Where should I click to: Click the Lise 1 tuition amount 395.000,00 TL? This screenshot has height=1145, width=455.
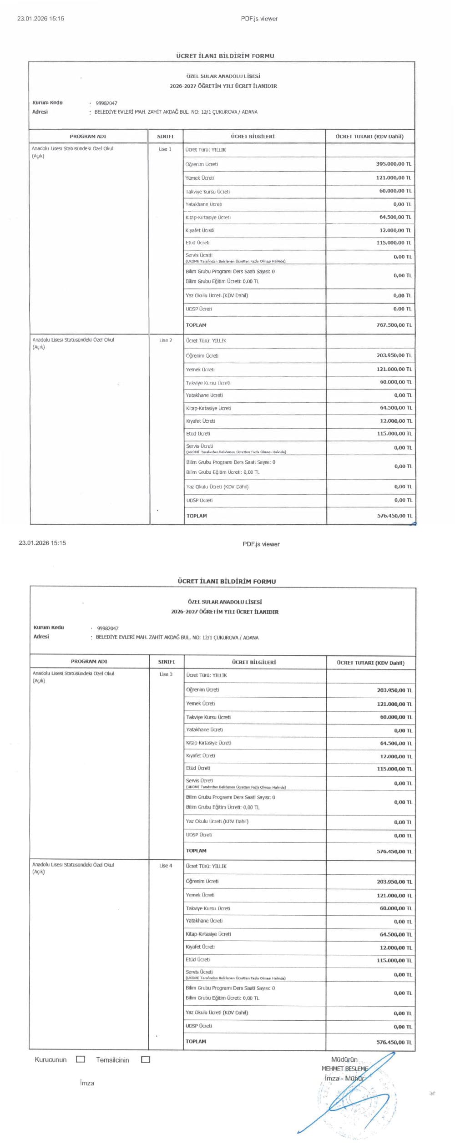[x=393, y=164]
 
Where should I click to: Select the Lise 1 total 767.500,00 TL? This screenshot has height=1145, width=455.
[x=394, y=325]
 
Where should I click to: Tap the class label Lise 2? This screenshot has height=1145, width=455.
[x=166, y=340]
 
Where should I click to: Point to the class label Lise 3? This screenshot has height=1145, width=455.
[x=166, y=674]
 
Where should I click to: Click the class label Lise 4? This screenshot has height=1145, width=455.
[x=166, y=865]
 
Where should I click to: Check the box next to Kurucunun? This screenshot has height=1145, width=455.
[x=81, y=1059]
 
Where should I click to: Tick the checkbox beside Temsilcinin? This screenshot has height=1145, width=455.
[x=146, y=1059]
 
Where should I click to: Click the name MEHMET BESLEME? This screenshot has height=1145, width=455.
[x=344, y=1068]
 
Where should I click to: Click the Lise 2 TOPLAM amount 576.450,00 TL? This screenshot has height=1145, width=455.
[x=394, y=516]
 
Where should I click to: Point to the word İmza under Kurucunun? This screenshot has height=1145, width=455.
[x=87, y=1083]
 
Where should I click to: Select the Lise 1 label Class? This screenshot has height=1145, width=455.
[x=165, y=149]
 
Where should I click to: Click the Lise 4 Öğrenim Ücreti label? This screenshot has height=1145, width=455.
[x=202, y=881]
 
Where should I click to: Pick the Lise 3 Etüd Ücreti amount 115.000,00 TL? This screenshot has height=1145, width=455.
[x=394, y=769]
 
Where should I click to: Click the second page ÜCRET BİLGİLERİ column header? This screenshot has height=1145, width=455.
[x=253, y=662]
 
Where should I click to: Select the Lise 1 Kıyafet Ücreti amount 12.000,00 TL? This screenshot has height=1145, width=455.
[x=395, y=230]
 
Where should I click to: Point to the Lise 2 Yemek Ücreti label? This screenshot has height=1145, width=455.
[x=200, y=370]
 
